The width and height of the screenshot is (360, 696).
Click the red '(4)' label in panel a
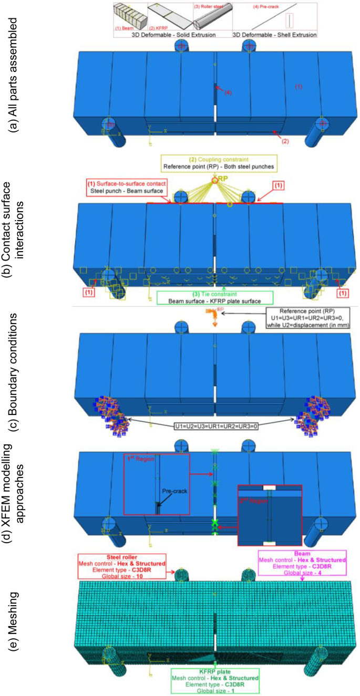pyautogui.click(x=228, y=92)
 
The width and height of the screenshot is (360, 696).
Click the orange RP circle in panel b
pyautogui.click(x=214, y=180)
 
